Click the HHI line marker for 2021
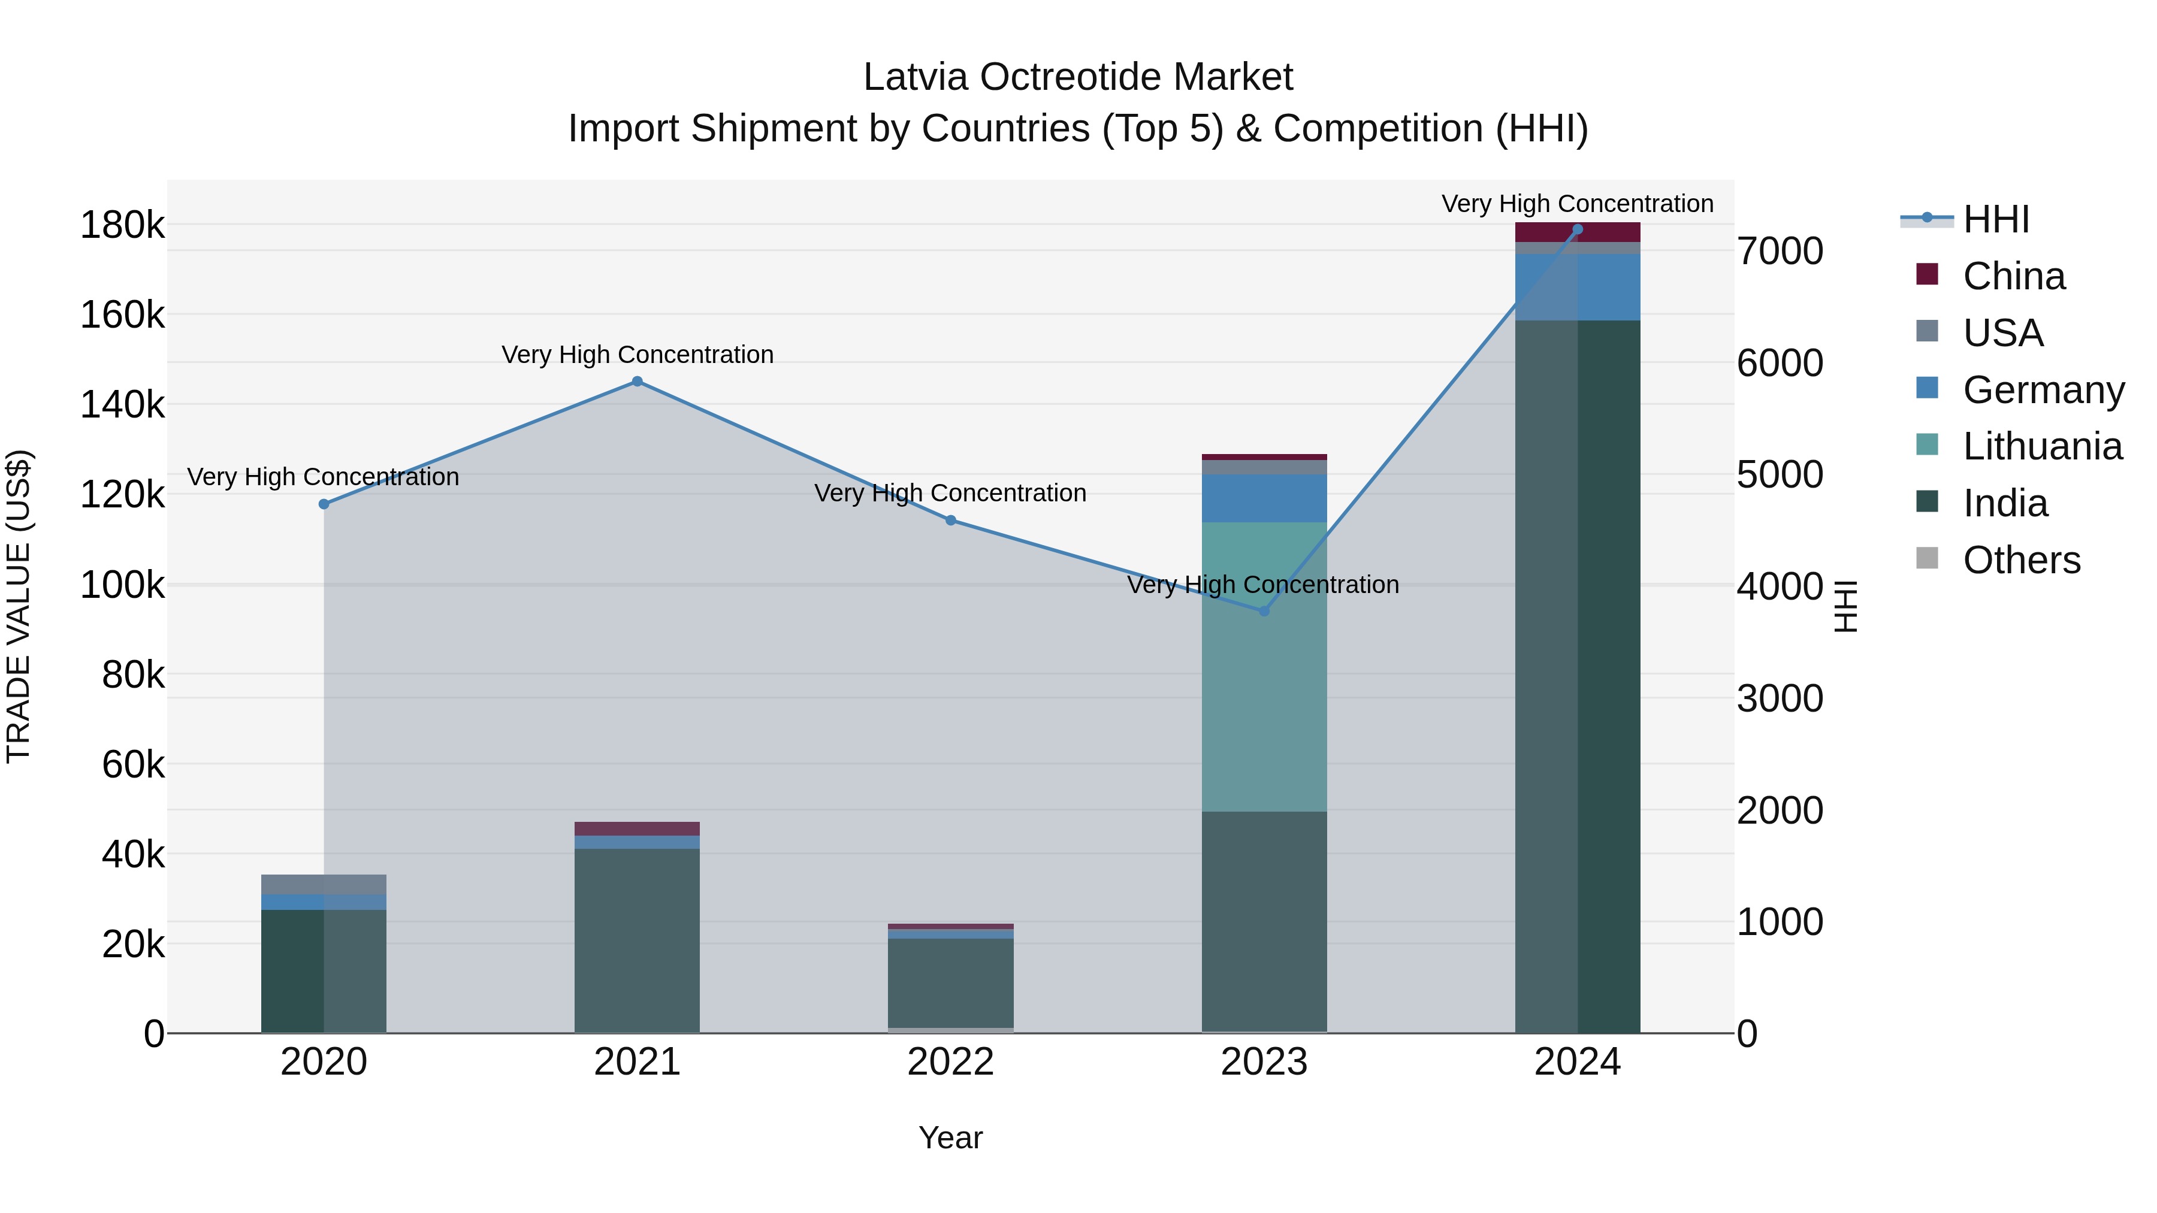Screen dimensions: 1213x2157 (638, 382)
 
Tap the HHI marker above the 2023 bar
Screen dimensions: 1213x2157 (1264, 611)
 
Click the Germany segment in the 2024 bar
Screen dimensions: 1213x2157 (1578, 287)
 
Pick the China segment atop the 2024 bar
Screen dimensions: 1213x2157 (1578, 232)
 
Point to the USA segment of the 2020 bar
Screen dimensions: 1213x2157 (324, 884)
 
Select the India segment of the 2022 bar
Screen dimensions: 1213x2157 (950, 983)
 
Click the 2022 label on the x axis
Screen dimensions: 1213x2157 (950, 1062)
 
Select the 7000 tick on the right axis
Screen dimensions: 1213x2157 (1780, 251)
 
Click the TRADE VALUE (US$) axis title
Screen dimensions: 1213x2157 (19, 606)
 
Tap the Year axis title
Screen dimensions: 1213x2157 (950, 1138)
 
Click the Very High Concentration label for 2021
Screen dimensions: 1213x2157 (638, 355)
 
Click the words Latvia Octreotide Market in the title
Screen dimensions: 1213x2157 (1078, 77)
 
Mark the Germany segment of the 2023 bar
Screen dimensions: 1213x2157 (1264, 498)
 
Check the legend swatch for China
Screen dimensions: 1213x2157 (1927, 274)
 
